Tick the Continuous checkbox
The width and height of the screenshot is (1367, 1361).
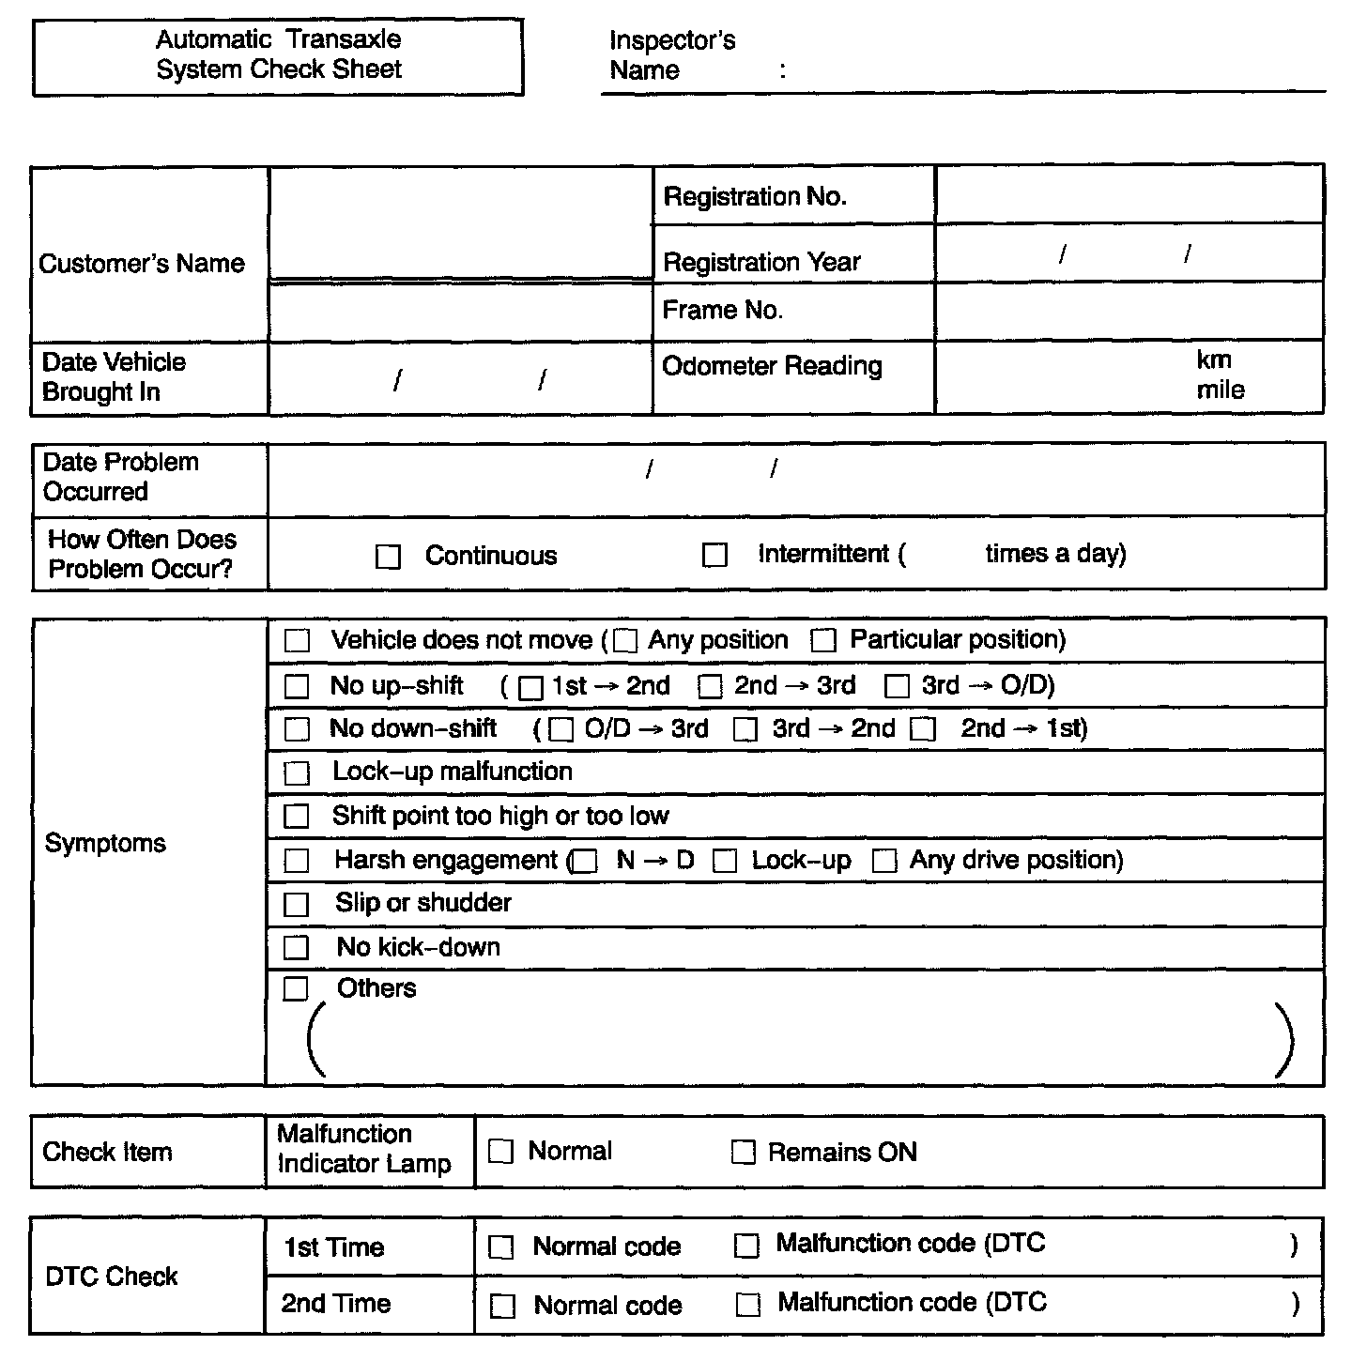coord(388,557)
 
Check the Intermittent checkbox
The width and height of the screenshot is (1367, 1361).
coord(714,556)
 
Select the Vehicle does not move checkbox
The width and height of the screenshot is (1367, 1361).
coord(297,641)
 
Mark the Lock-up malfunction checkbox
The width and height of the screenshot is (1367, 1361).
coord(297,773)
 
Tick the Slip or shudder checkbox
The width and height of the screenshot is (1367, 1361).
coord(297,904)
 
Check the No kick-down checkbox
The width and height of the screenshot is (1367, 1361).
coord(297,948)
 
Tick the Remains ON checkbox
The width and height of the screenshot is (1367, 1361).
coord(743,1153)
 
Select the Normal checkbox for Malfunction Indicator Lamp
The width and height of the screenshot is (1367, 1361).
coord(501,1152)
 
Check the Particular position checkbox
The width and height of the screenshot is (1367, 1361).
coord(823,641)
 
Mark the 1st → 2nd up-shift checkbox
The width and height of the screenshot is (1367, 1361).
coord(530,688)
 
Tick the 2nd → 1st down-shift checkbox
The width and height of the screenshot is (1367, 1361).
coord(924,730)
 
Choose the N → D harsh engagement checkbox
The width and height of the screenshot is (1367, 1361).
coord(585,862)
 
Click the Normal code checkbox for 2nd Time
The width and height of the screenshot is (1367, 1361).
coord(503,1307)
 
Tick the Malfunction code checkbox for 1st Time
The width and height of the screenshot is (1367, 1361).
coord(746,1246)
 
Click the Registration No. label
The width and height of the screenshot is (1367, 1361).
coord(755,197)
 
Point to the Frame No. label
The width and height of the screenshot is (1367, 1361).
coord(722,311)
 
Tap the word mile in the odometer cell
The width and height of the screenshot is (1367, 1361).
coord(1220,390)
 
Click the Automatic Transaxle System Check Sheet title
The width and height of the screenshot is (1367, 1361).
coord(279,54)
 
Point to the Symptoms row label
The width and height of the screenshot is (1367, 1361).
coord(105,844)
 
